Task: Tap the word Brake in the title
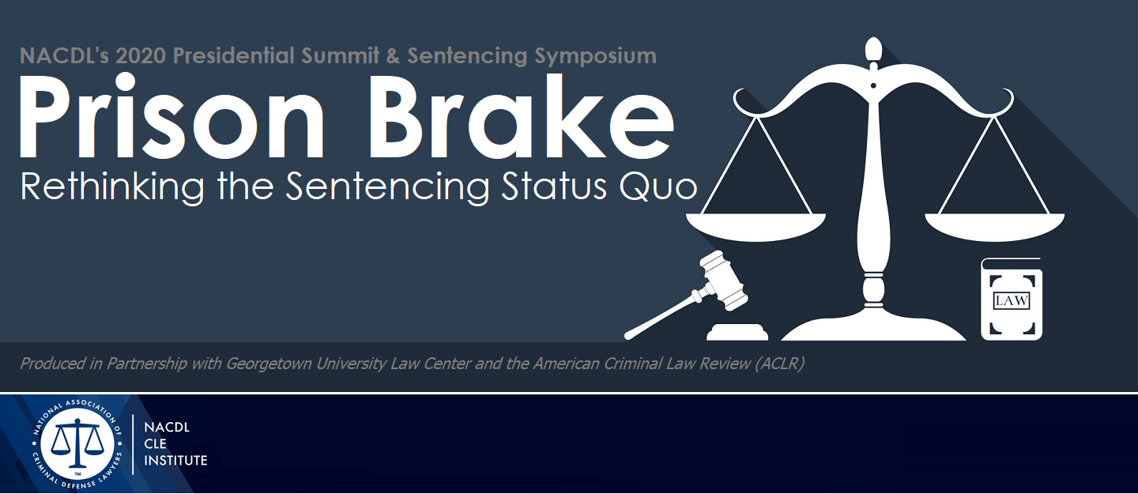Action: point(522,116)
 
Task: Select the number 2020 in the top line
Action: point(141,56)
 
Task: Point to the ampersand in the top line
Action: point(394,56)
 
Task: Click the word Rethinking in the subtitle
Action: point(112,187)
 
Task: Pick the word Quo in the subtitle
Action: point(658,187)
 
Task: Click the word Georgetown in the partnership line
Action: point(268,364)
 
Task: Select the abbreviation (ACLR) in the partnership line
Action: point(779,364)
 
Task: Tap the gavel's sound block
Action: point(737,332)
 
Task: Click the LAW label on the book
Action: point(1011,300)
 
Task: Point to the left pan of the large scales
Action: point(756,226)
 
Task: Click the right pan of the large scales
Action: point(994,226)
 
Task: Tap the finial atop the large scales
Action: point(872,50)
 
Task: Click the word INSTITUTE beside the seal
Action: point(175,461)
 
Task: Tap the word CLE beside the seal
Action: point(155,443)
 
